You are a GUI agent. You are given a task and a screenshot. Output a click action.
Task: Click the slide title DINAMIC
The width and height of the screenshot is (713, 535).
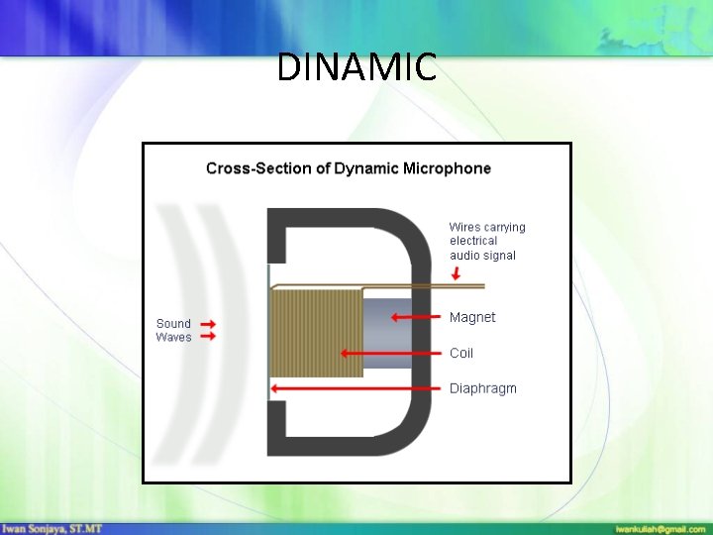[x=356, y=67]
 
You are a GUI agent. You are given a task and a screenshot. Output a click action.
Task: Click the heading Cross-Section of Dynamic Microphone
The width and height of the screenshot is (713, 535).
[x=349, y=168]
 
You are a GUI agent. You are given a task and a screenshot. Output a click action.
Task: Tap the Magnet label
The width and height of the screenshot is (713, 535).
[x=472, y=317]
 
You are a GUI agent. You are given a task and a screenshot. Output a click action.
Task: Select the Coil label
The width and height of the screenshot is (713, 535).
[x=461, y=353]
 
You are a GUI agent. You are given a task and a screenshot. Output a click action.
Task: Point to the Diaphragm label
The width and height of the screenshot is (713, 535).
[x=483, y=388]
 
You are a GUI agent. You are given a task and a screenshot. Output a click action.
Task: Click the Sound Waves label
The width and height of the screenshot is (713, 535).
[x=173, y=330]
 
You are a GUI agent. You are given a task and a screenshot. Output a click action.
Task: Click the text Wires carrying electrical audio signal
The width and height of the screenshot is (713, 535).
[x=487, y=241]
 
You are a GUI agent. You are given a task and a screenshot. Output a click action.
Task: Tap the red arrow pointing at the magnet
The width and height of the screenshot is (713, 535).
[x=415, y=317]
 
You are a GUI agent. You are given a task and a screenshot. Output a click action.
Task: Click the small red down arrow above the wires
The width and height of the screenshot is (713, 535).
[x=455, y=273]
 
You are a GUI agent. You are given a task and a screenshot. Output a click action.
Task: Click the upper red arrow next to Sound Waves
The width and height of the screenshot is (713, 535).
[x=208, y=324]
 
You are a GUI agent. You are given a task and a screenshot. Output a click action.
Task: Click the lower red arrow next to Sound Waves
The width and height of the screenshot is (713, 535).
[x=208, y=337]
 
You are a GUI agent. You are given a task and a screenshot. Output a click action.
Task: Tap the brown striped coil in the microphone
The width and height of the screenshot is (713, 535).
[x=317, y=332]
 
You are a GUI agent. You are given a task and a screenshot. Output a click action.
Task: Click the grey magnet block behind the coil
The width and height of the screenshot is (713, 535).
[x=386, y=335]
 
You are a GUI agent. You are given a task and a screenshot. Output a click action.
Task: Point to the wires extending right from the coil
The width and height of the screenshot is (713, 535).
[x=436, y=287]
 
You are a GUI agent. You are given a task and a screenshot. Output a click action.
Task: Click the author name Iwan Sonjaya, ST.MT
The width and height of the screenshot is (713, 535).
[x=51, y=528]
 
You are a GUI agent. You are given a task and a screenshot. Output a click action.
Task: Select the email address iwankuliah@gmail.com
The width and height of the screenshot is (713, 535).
[x=660, y=528]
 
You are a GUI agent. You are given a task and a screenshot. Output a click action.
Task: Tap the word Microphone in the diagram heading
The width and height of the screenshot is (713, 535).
[x=447, y=168]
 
